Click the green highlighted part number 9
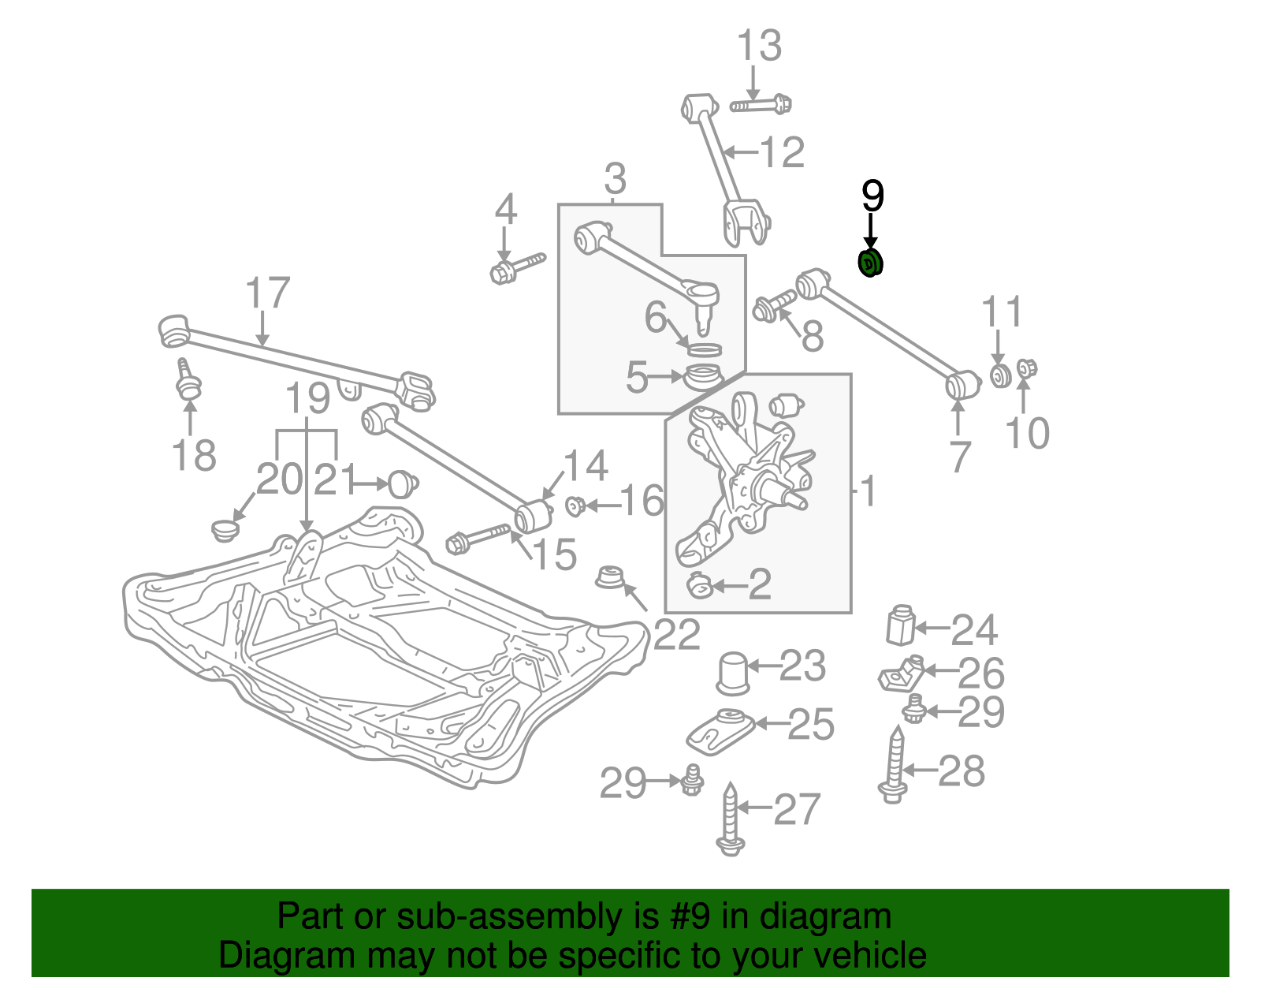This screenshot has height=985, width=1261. pyautogui.click(x=870, y=264)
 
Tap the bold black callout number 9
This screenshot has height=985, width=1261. pyautogui.click(x=872, y=196)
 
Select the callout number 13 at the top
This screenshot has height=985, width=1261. pyautogui.click(x=759, y=46)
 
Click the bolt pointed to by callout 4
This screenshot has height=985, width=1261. pyautogui.click(x=516, y=267)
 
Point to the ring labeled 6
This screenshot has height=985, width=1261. pyautogui.click(x=704, y=349)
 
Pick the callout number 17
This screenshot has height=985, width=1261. pyautogui.click(x=267, y=293)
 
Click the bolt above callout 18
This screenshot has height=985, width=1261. pyautogui.click(x=188, y=380)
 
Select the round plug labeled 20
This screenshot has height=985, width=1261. pyautogui.click(x=225, y=529)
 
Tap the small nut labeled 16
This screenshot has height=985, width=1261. pyautogui.click(x=575, y=505)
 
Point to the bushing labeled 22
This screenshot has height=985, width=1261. pyautogui.click(x=609, y=577)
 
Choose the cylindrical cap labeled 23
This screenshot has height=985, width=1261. pyautogui.click(x=733, y=673)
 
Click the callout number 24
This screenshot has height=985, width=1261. pyautogui.click(x=974, y=630)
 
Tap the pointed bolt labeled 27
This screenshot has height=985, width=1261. pyautogui.click(x=731, y=820)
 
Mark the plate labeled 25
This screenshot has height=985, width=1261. pyautogui.click(x=720, y=731)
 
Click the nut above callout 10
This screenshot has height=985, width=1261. pyautogui.click(x=1026, y=368)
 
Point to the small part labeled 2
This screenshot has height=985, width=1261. pyautogui.click(x=699, y=586)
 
